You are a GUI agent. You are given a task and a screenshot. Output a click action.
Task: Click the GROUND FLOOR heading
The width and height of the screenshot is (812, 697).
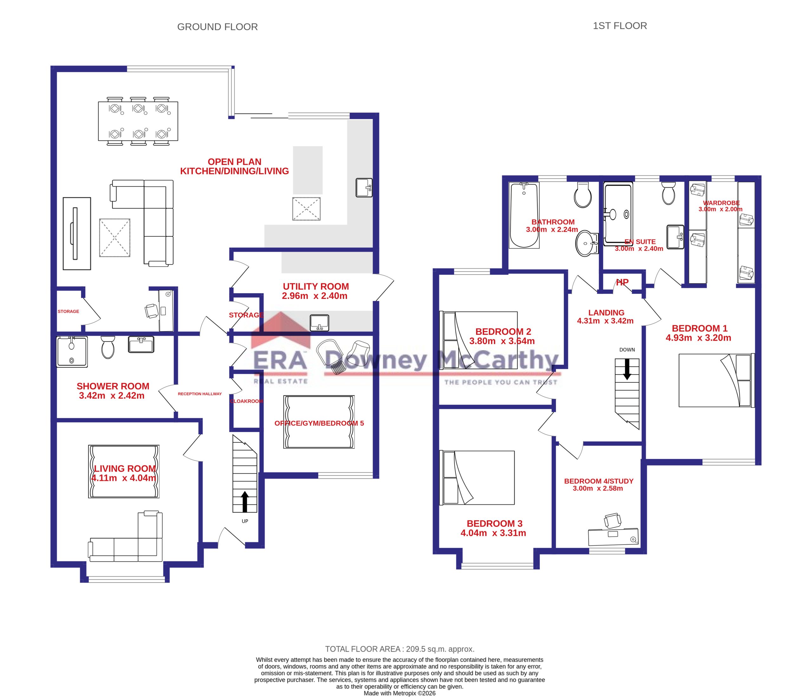pyautogui.click(x=218, y=27)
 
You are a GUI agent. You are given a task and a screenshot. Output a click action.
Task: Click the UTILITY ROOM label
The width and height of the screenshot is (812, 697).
pyautogui.click(x=316, y=287)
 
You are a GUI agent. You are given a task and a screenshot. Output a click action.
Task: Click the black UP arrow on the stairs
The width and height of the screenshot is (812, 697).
pyautogui.click(x=245, y=502)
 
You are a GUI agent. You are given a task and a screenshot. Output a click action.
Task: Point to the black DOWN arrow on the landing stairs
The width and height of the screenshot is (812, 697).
pyautogui.click(x=627, y=370)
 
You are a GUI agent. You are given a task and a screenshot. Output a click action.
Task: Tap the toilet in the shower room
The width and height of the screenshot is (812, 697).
pyautogui.click(x=108, y=347)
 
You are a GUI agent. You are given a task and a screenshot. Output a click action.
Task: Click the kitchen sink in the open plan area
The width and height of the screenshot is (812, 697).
pyautogui.click(x=364, y=188)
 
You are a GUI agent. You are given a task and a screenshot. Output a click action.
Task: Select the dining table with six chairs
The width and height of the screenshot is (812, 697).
pyautogui.click(x=138, y=121)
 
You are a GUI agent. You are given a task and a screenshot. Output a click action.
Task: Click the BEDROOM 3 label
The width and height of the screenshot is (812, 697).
pyautogui.click(x=494, y=524)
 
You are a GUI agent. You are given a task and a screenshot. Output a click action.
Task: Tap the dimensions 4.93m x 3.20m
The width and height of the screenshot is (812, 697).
pyautogui.click(x=698, y=338)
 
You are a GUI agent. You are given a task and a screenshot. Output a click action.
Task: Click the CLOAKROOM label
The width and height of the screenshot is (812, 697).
pyautogui.click(x=246, y=401)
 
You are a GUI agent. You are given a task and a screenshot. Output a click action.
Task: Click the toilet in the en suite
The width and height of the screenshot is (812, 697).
pyautogui.click(x=669, y=193)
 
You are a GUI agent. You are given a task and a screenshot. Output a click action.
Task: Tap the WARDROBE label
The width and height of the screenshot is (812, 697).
pyautogui.click(x=721, y=203)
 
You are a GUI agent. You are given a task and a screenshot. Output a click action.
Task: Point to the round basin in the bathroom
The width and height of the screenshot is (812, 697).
pyautogui.click(x=587, y=243)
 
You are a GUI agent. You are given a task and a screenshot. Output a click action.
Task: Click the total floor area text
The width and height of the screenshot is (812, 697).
pyautogui.click(x=400, y=649)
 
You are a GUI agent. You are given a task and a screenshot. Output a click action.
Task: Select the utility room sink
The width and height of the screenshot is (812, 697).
pyautogui.click(x=319, y=323)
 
